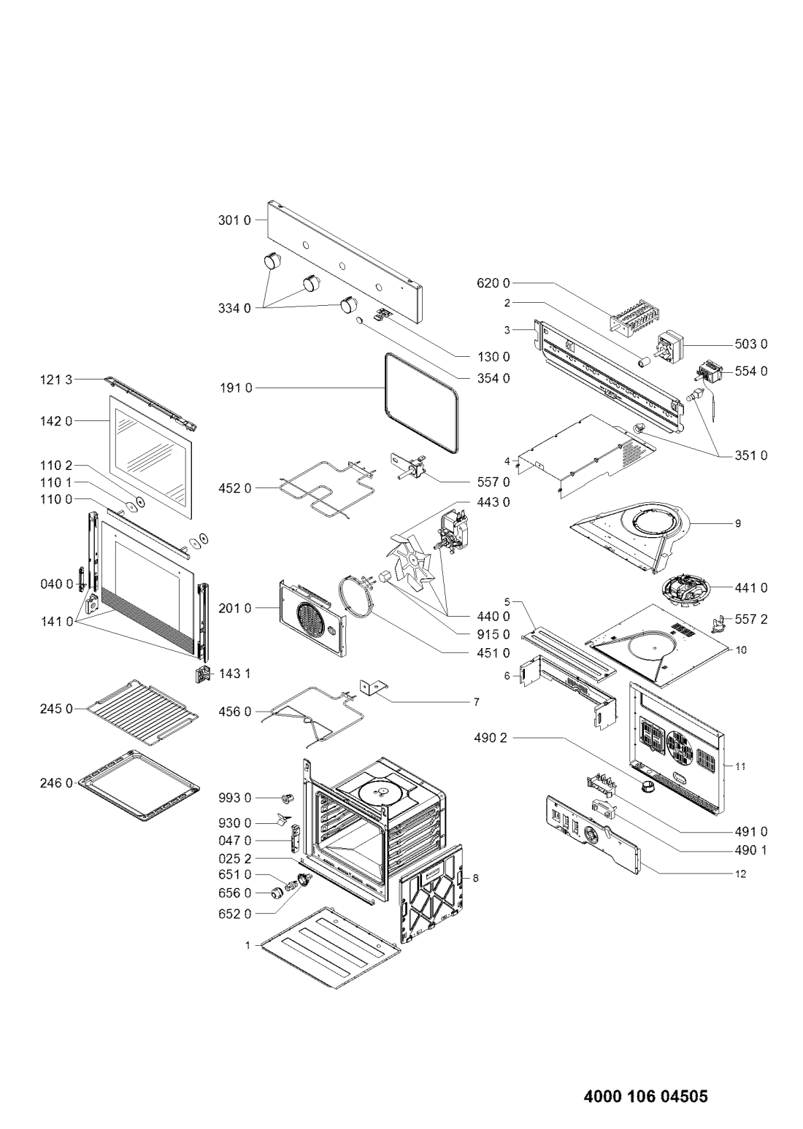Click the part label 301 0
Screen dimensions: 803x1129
234,220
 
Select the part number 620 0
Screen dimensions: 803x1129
493,283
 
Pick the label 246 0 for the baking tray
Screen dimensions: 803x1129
56,783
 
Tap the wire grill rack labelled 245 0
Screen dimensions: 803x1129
142,712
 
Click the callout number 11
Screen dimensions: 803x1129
740,766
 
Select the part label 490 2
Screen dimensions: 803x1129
491,739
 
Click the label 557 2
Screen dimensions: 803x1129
751,619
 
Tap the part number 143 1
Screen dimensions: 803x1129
235,674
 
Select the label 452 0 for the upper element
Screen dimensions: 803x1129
234,488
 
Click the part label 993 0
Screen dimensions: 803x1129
235,798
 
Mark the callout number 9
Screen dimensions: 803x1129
738,524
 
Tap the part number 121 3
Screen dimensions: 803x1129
56,379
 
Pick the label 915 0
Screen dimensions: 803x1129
493,634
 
